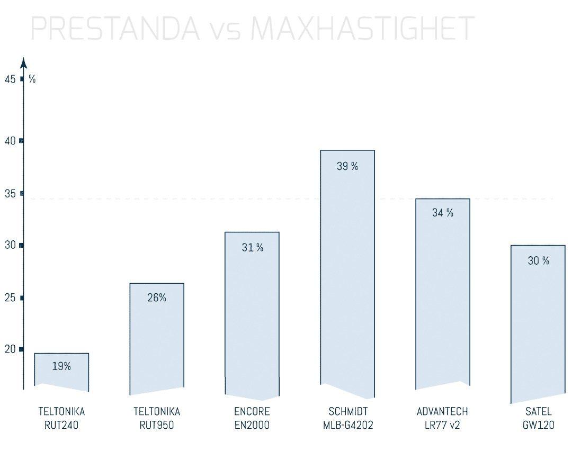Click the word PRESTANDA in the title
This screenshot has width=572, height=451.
pos(115,29)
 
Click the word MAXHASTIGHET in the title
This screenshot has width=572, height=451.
pos(362,29)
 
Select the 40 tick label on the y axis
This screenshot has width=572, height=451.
pos(10,141)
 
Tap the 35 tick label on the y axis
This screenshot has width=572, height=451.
pos(10,194)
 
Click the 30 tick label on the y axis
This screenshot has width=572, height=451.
pos(10,246)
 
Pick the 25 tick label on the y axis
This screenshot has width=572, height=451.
pos(10,298)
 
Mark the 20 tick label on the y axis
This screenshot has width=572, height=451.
pos(10,349)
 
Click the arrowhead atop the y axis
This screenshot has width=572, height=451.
pos(23,62)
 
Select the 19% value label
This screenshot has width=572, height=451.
pos(61,366)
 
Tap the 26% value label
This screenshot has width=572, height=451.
pos(157,298)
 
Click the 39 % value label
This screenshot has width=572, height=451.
pos(347,166)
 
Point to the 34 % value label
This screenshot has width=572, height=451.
pos(443,213)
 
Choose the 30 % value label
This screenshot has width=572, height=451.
pos(538,260)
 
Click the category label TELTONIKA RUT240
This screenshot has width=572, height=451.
pos(61,418)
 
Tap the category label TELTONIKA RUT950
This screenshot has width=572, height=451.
pos(157,418)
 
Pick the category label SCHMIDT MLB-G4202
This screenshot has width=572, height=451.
pos(348,418)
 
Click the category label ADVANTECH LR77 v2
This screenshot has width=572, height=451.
pos(442,418)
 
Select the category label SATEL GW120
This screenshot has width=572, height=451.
pos(538,418)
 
